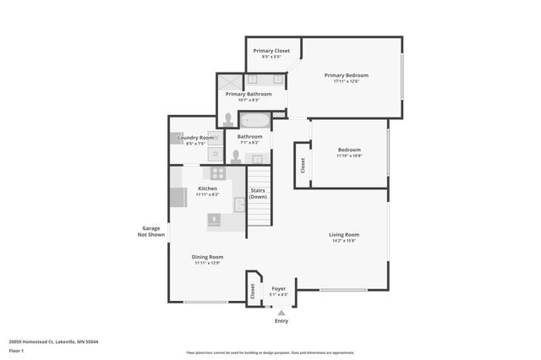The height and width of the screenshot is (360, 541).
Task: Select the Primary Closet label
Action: [271, 51]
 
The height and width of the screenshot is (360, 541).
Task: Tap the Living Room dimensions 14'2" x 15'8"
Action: [344, 242]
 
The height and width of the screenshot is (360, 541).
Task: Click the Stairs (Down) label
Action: [259, 194]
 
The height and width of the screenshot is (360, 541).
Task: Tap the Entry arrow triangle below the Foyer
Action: [281, 313]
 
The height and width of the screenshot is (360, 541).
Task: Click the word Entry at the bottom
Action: [281, 321]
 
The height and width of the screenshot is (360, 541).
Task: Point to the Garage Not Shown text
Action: [152, 232]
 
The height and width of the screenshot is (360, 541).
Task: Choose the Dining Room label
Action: [207, 257]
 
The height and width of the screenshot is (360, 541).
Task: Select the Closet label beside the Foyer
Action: [252, 291]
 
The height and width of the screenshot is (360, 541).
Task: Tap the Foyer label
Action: [278, 288]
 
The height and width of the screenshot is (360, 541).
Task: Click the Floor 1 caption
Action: [17, 350]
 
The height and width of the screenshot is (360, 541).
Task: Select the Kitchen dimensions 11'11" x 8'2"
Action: [207, 195]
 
